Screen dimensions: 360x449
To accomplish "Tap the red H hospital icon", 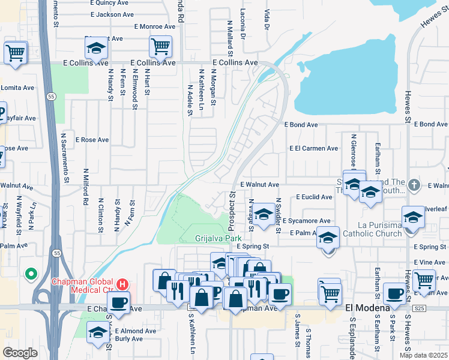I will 122,283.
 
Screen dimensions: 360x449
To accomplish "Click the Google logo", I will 20,352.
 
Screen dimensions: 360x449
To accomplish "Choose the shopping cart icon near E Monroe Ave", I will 160,46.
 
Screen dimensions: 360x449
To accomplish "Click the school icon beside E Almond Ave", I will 98,332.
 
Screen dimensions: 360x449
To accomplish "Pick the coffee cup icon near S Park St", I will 394,293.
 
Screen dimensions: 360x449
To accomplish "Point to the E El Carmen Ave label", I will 313,148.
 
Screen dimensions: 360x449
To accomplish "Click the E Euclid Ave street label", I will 314,197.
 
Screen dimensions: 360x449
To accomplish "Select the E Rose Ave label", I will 92,140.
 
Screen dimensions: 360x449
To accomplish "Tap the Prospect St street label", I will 231,211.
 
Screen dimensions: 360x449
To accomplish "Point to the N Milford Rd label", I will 86,184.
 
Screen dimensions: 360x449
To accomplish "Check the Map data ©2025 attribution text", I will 423,355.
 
